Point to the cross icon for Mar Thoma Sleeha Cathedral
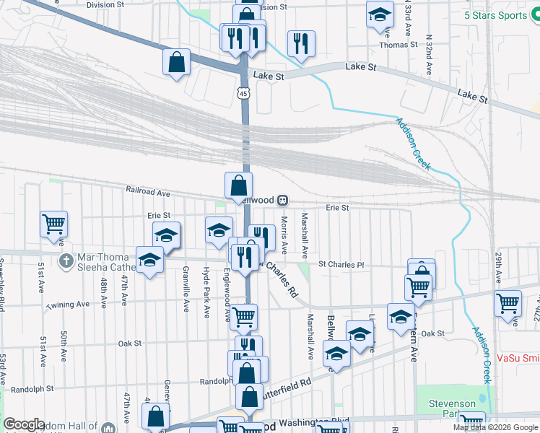pyautogui.click(x=65, y=259)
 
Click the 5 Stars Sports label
pyautogui.click(x=496, y=15)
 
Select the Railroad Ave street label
pyautogui.click(x=147, y=193)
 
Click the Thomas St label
pyautogui.click(x=399, y=44)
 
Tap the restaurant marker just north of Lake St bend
pyautogui.click(x=300, y=43)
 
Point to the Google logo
pyautogui.click(x=24, y=424)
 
